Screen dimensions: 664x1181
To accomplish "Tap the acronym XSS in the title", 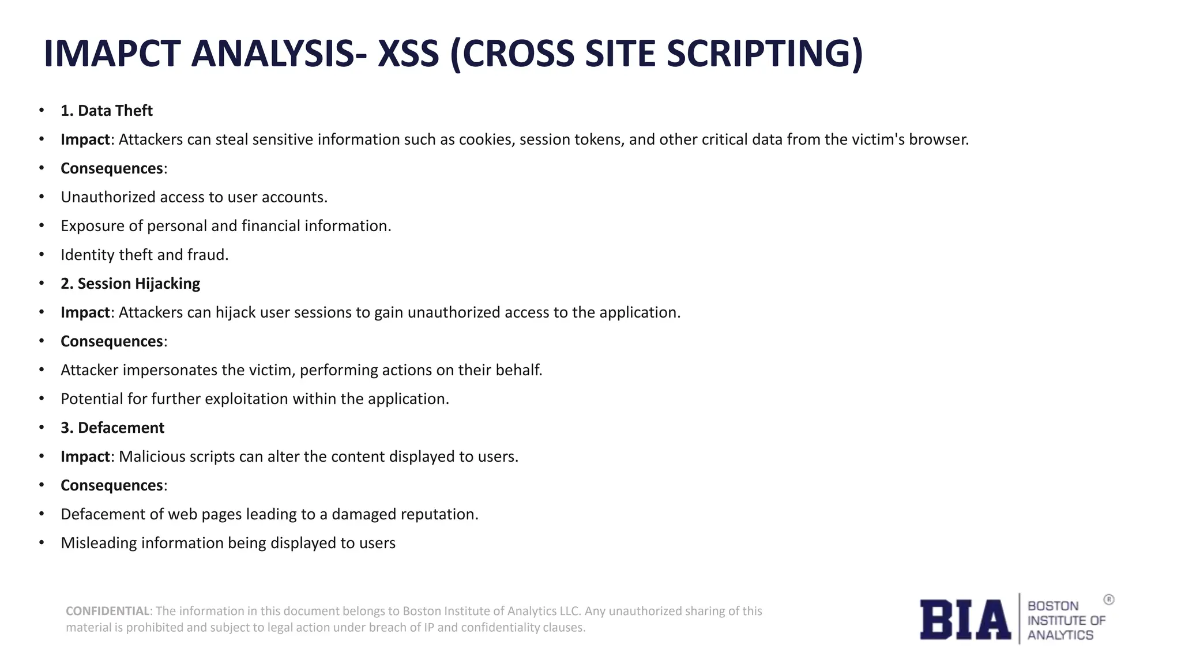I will click(408, 54).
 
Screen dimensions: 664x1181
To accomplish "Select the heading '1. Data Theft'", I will click(107, 111).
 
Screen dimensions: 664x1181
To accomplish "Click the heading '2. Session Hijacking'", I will click(130, 284).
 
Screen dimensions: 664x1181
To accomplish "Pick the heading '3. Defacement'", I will click(112, 428).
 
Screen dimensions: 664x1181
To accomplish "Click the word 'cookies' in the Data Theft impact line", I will click(486, 139).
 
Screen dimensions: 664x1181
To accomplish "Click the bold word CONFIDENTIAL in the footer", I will click(108, 611).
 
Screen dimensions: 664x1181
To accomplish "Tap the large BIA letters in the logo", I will click(965, 620).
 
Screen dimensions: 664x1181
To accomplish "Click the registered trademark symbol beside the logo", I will click(1108, 600).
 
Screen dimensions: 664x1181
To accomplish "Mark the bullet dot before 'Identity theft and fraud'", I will click(42, 254).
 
